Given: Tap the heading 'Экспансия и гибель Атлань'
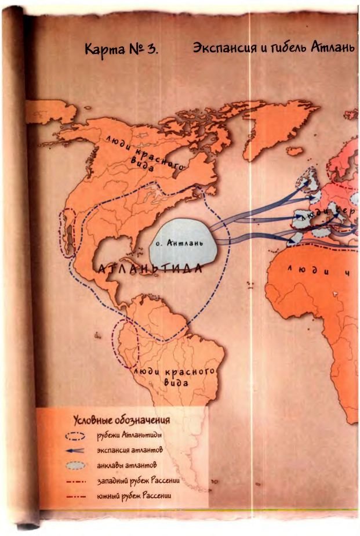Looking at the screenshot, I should [273, 48].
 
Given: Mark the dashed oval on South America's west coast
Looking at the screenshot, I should [126, 343].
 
